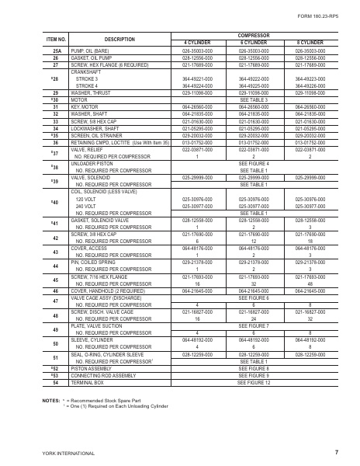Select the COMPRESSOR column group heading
click(252, 35)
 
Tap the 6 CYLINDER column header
click(252, 42)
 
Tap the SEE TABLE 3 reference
click(252, 99)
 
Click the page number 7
click(336, 451)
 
